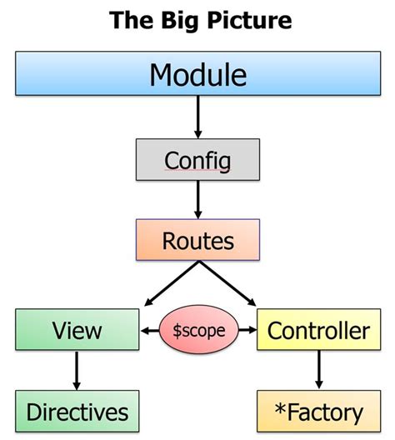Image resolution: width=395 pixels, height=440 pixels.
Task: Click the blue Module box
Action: tap(197, 75)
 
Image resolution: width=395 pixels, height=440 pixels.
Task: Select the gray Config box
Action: tap(197, 158)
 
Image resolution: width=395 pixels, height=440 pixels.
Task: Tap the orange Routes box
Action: tap(197, 240)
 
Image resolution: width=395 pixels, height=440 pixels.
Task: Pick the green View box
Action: tap(77, 330)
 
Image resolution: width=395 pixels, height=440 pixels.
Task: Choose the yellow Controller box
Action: tap(317, 330)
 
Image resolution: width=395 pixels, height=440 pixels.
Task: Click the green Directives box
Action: tap(77, 412)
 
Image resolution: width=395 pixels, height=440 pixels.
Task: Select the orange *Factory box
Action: tap(317, 412)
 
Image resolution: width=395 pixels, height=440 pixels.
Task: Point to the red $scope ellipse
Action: tap(197, 330)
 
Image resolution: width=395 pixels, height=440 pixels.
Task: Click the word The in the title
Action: tap(129, 19)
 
